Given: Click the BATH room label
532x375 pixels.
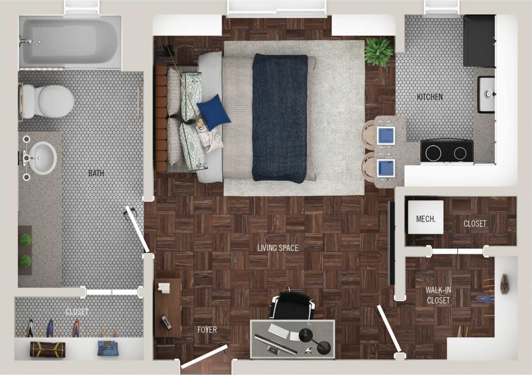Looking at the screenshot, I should pos(96,173).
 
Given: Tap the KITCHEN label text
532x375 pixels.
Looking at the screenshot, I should pos(430,97).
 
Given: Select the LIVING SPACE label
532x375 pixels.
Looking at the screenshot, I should pos(277,248).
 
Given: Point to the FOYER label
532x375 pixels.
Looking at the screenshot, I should pos(207,330).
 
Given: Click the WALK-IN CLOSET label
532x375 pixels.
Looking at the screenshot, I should pos(438,295).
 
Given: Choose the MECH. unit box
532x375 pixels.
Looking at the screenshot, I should pos(425,217).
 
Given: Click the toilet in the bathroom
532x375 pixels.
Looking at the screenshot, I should pos(46,101).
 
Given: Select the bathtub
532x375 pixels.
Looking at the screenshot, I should pos(70,42).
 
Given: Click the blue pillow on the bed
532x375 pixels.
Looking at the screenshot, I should pos(213,111).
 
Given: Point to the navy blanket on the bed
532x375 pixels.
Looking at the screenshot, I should pos(280,118).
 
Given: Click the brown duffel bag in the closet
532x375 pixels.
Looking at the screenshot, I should pos(47,349).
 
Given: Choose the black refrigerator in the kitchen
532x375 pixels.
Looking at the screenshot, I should pos(479,41).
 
